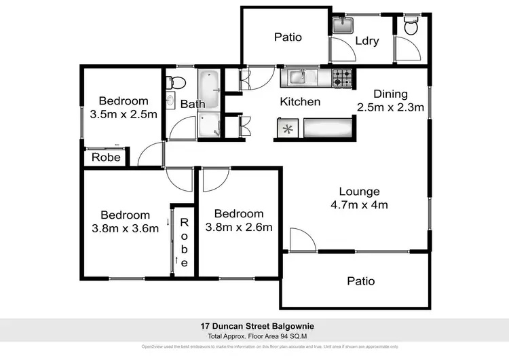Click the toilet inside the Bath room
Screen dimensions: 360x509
[x=176, y=83]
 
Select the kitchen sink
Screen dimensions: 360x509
[x=299, y=78]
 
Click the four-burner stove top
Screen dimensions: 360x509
[x=343, y=79]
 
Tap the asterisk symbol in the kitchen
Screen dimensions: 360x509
[x=288, y=127]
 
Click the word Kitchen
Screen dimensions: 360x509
[x=301, y=102]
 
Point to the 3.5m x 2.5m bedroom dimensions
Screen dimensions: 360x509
[x=124, y=114]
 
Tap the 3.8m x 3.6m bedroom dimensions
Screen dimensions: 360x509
[x=125, y=228]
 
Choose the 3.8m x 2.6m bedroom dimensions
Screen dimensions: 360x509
[x=239, y=227]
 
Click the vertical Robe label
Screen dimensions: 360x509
[x=183, y=242]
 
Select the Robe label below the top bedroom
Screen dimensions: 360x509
[x=107, y=158]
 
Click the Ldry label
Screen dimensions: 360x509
[x=366, y=41]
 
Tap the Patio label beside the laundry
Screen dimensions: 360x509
[x=288, y=37]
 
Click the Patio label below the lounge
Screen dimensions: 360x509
[x=360, y=281]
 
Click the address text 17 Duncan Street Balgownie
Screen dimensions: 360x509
[x=254, y=326]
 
